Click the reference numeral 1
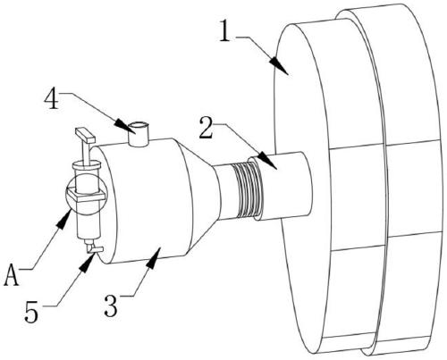pos(225,30)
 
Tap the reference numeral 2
pos(207,128)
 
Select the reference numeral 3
pos(111,306)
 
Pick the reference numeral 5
pos(31,312)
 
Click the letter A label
pos(12,275)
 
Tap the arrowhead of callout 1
pos(278,65)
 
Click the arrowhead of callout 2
pos(267,161)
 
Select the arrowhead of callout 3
pos(155,258)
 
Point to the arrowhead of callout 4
pos(125,126)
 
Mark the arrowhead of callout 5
pos(88,263)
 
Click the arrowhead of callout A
pos(64,218)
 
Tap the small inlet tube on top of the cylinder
pos(138,134)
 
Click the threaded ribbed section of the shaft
pos(248,190)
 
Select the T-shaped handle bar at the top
pos(85,135)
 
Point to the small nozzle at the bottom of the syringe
pos(93,247)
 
